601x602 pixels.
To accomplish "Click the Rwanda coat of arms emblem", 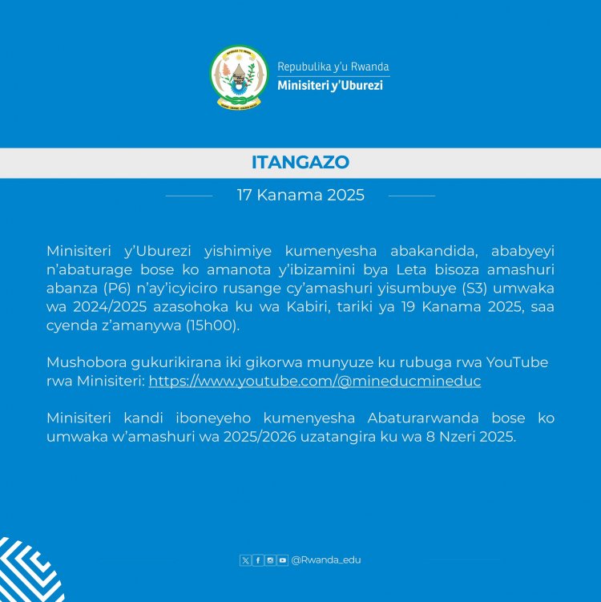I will (x=239, y=77).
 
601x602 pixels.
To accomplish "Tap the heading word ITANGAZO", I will (x=300, y=162).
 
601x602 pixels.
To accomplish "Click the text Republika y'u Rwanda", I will (x=333, y=67).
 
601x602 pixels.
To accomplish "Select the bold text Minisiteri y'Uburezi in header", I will (x=329, y=85).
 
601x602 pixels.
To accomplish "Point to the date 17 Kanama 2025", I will (x=300, y=195).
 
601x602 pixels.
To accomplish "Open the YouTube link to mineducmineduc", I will (x=315, y=381).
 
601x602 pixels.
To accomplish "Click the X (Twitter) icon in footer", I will (x=245, y=560).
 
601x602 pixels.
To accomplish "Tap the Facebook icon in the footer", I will (x=258, y=560).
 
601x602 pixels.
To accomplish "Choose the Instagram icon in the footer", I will (x=270, y=560).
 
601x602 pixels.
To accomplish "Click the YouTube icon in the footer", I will (x=282, y=560).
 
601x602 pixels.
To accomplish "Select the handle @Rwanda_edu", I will (x=325, y=560).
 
